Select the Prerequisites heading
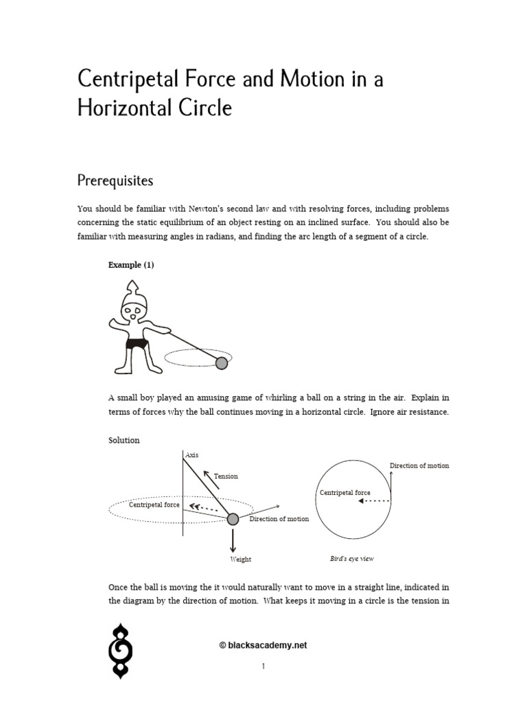tap(115, 181)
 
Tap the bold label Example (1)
tap(131, 265)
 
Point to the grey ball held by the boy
tap(222, 363)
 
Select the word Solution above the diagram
tap(124, 440)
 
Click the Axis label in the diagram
tap(191, 454)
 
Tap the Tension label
tap(226, 476)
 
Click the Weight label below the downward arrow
tap(240, 560)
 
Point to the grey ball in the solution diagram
tap(233, 519)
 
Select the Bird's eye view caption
tap(352, 559)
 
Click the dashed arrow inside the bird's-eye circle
tap(374, 501)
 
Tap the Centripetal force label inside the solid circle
tap(344, 493)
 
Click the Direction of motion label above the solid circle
tap(419, 465)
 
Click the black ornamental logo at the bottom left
tap(121, 651)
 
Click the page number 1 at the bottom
tap(263, 666)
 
